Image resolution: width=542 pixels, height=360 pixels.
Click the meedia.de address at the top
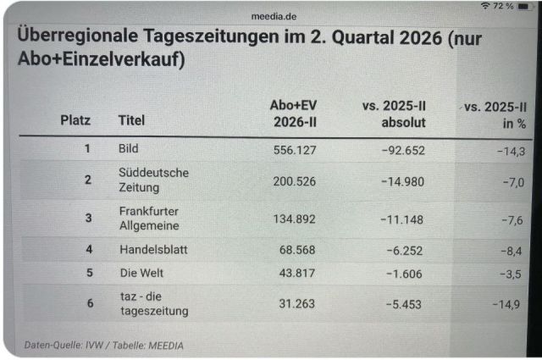point(274,16)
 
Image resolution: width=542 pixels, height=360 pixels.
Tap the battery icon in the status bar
point(524,6)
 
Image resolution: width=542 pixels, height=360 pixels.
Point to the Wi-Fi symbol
point(485,6)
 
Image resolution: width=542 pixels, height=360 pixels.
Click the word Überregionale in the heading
point(78,36)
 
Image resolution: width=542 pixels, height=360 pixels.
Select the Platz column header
point(75,120)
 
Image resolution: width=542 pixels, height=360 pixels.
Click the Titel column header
point(131,120)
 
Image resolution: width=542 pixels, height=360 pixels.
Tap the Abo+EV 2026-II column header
point(294,114)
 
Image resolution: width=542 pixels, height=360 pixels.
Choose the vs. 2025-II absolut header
point(394,114)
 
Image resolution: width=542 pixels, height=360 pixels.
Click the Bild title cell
point(128,148)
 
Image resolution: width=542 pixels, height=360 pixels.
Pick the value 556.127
point(295,150)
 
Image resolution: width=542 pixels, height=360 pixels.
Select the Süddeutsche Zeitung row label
point(154,180)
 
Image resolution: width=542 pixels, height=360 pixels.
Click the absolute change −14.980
point(403,181)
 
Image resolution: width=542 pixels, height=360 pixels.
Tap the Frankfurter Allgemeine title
point(149,219)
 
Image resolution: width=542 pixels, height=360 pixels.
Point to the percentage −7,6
point(512,220)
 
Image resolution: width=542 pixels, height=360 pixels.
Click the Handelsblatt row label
point(153,249)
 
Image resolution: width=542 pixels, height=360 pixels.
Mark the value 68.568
point(297,250)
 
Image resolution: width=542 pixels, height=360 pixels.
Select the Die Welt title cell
point(141,273)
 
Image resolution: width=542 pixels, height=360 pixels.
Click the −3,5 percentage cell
point(511,274)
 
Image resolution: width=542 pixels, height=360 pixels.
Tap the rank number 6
point(91,303)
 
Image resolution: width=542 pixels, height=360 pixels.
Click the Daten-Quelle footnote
point(103,345)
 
